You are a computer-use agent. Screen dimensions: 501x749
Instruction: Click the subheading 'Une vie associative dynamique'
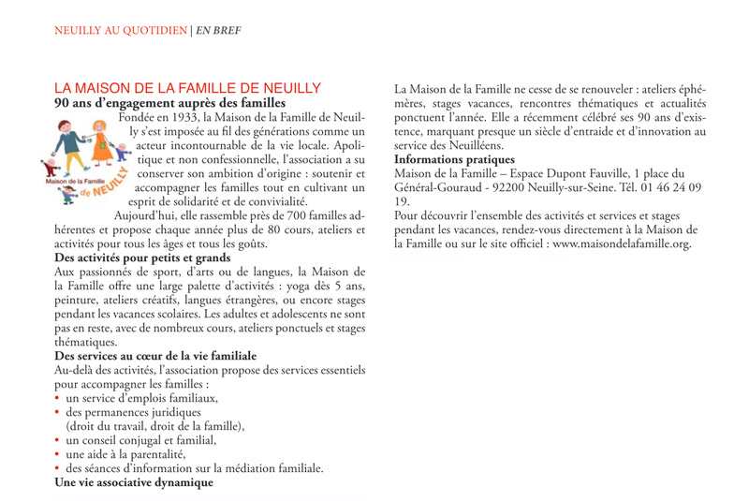pos(134,483)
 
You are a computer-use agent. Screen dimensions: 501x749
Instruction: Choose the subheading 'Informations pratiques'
pos(462,160)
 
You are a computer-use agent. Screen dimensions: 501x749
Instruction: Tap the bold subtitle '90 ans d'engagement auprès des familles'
pos(169,102)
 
